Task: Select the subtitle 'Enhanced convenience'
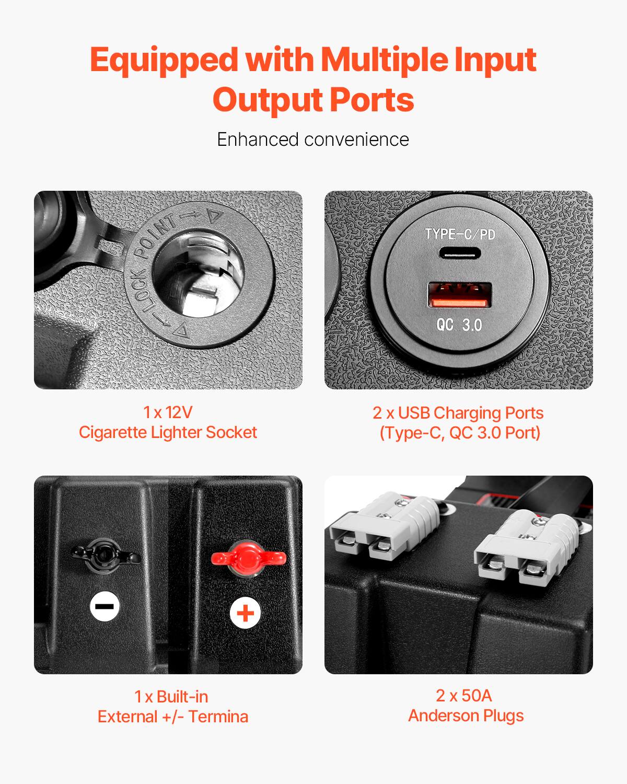click(x=313, y=140)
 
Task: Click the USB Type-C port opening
click(x=459, y=253)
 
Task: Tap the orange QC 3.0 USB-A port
click(x=460, y=295)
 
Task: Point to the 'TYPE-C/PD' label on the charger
click(x=460, y=234)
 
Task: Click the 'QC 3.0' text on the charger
click(x=459, y=325)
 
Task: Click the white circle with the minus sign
click(x=104, y=606)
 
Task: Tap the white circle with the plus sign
click(x=246, y=613)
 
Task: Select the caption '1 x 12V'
click(x=168, y=412)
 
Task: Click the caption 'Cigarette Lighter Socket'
click(x=168, y=432)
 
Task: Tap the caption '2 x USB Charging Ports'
click(x=458, y=412)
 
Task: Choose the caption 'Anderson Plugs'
click(x=466, y=716)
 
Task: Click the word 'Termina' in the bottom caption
click(x=218, y=717)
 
